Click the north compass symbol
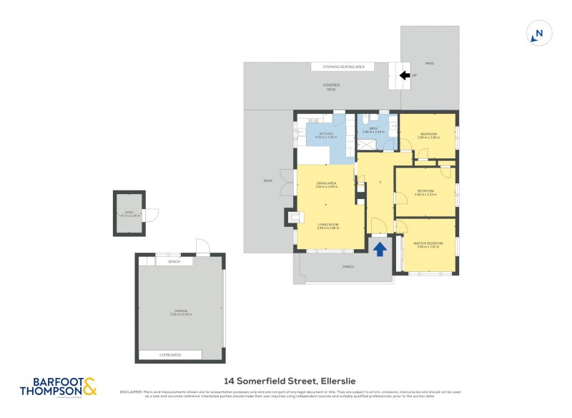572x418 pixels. [538, 33]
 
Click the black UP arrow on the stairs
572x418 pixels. [404, 75]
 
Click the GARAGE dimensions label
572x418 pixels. [180, 312]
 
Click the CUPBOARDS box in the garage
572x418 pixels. [170, 355]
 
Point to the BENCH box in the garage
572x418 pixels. [174, 262]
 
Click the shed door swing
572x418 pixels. [151, 214]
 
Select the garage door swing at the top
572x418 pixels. [202, 247]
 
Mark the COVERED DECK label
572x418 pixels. [332, 87]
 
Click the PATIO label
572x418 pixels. [430, 64]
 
